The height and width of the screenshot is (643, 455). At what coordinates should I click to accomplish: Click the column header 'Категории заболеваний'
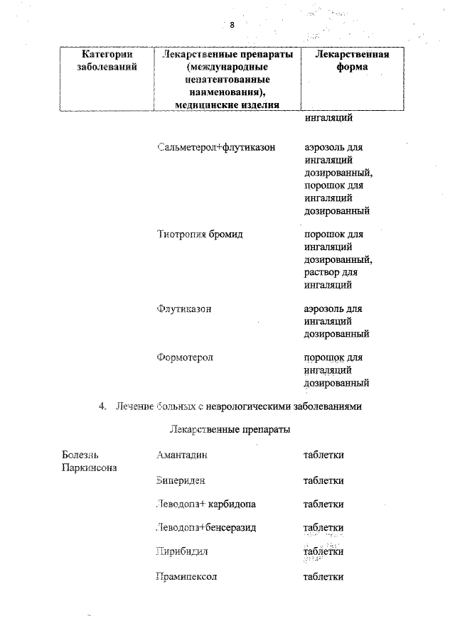click(107, 61)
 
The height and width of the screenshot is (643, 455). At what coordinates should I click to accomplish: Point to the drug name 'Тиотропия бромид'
click(200, 234)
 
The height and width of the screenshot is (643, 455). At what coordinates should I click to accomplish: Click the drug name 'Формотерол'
click(185, 357)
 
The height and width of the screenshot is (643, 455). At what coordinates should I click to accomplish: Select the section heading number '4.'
click(103, 406)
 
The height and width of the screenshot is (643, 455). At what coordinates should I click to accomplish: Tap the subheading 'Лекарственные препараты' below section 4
click(230, 430)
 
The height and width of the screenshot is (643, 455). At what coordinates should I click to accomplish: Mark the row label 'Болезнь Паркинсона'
click(90, 461)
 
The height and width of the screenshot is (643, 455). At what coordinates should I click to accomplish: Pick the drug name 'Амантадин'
click(182, 455)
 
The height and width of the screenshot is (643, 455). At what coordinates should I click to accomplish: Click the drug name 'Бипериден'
click(181, 480)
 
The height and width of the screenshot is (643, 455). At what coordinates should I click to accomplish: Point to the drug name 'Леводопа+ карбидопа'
click(206, 504)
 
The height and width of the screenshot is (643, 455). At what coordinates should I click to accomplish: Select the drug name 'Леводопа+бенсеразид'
click(206, 528)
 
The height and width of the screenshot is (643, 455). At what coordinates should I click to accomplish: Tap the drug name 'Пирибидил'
click(181, 551)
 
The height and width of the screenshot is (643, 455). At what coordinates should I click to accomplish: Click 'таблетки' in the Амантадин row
click(323, 455)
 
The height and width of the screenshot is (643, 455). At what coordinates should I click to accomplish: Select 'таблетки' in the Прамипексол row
click(323, 576)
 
